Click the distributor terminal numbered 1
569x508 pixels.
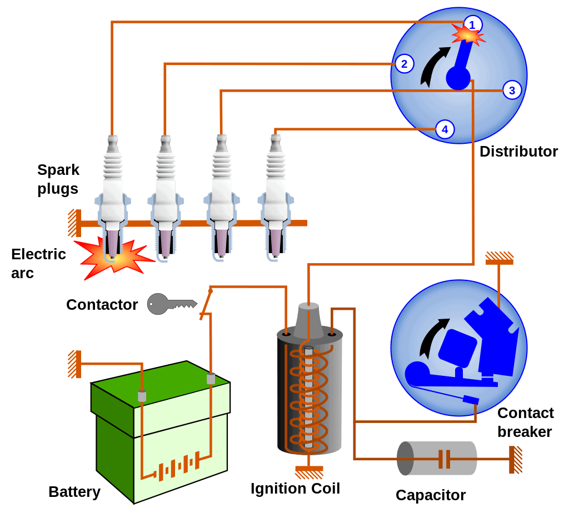click(472, 24)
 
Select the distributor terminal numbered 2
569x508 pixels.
click(404, 64)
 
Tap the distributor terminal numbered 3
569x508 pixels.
click(512, 90)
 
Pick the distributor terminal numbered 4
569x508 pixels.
click(444, 129)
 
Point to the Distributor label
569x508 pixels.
click(518, 151)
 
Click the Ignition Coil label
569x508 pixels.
click(295, 489)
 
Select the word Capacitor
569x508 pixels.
click(431, 495)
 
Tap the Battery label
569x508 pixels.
click(74, 492)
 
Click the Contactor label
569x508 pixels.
click(102, 305)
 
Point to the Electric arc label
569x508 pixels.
click(38, 264)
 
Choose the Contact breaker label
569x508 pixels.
click(525, 423)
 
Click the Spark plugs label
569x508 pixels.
click(58, 179)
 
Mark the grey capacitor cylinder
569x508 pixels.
click(437, 459)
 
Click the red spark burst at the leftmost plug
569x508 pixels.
click(115, 256)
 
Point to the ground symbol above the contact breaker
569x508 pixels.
click(499, 258)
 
